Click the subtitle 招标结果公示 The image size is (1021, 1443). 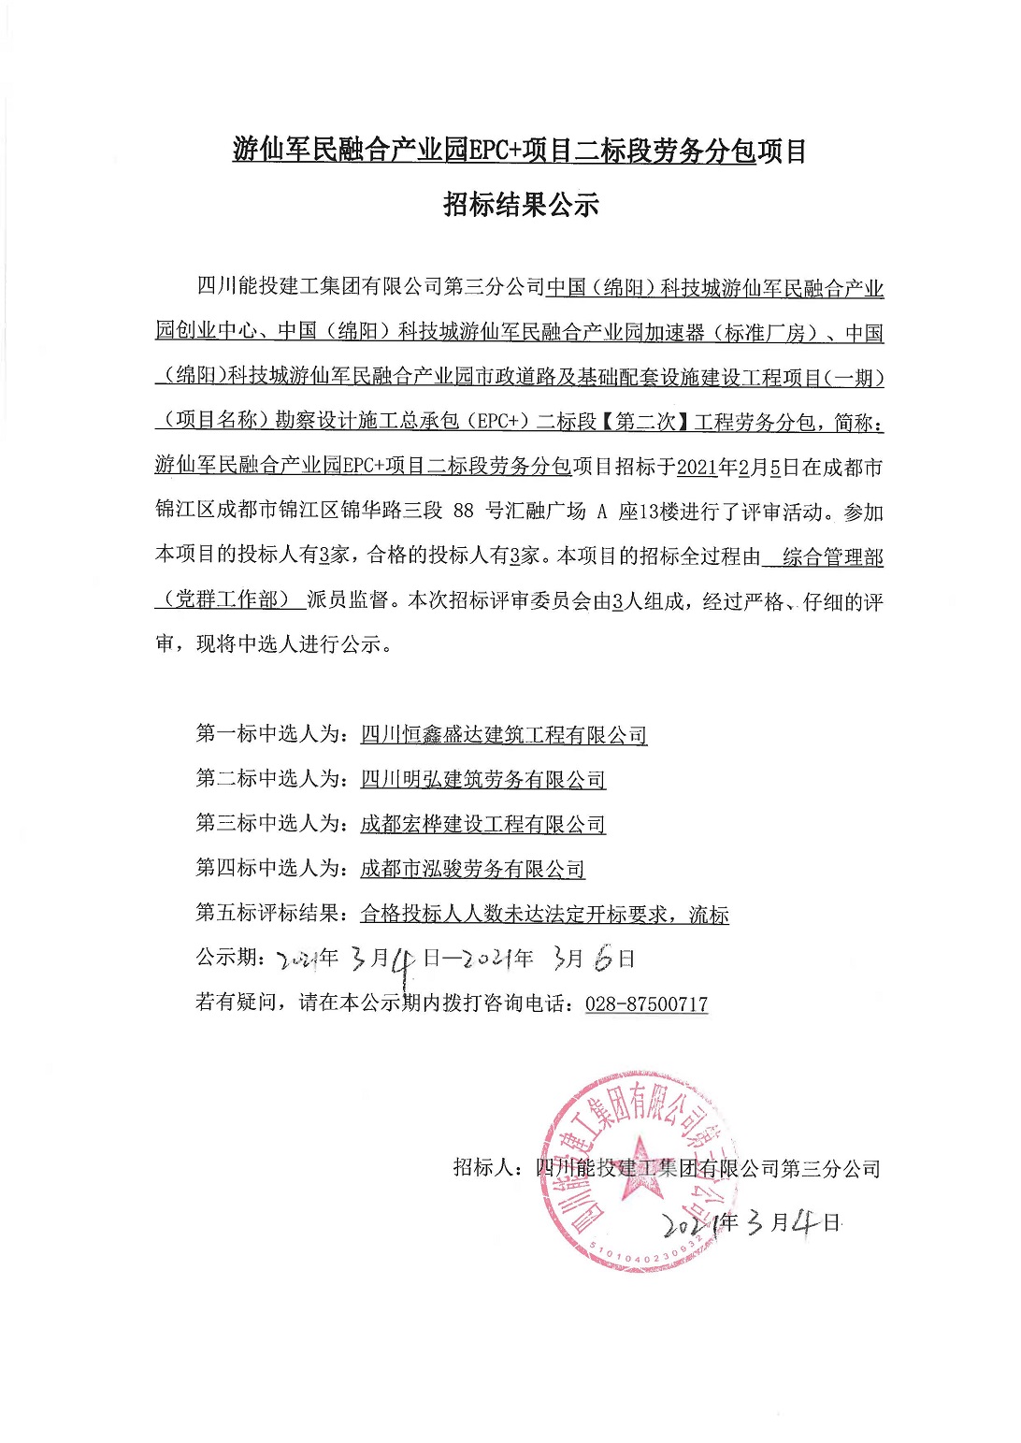520,205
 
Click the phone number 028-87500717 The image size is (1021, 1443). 646,1003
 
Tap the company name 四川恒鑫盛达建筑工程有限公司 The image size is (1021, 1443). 503,735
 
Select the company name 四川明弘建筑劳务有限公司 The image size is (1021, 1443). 482,779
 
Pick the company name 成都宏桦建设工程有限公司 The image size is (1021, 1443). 482,824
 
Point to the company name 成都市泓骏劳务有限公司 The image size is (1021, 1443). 472,869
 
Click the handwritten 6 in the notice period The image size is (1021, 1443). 604,959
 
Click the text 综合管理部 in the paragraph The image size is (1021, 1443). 832,557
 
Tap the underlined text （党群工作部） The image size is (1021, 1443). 228,599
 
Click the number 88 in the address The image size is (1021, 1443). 463,512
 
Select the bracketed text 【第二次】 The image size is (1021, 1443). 644,422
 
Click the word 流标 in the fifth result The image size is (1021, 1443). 709,915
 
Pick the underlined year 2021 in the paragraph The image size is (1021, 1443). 697,468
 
